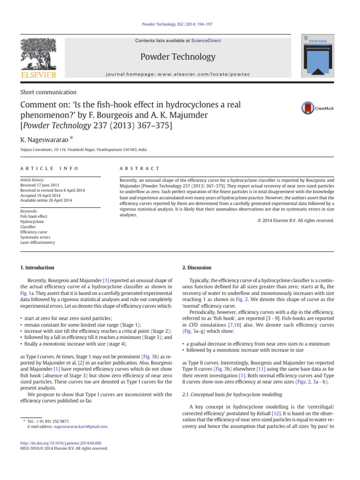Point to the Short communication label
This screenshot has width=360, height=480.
pos(49,92)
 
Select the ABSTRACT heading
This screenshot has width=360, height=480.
pos(140,168)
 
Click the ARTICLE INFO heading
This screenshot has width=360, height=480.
pos(49,168)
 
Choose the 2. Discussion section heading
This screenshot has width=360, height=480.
pos(196,268)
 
